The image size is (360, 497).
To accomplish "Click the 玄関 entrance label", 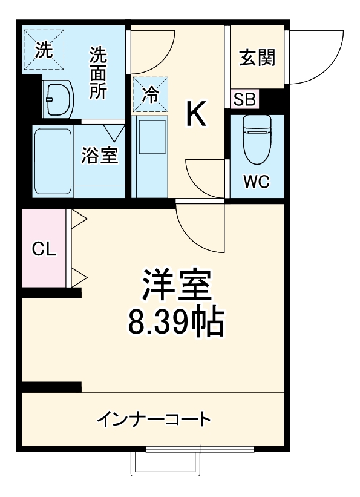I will click(x=257, y=58).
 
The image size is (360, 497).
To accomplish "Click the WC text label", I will click(x=257, y=182).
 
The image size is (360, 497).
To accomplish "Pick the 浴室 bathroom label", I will click(x=100, y=156).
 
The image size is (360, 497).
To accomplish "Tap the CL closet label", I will click(x=44, y=249).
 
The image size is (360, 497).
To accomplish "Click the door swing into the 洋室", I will click(x=200, y=230).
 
